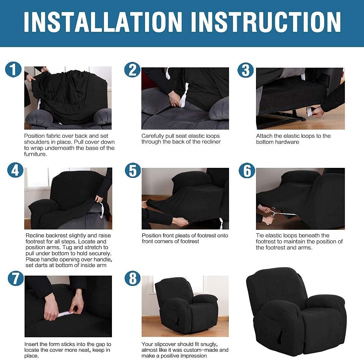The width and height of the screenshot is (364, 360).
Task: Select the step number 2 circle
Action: [133, 70]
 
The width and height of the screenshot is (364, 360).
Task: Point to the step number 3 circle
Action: [246, 70]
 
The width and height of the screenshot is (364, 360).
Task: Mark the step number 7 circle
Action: [15, 278]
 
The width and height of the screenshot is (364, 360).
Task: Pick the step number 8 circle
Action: [133, 278]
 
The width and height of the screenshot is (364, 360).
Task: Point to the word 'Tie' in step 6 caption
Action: [260, 236]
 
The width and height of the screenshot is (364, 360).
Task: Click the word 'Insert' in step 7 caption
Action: [32, 344]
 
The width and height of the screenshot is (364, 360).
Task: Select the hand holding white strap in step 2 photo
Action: [175, 99]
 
